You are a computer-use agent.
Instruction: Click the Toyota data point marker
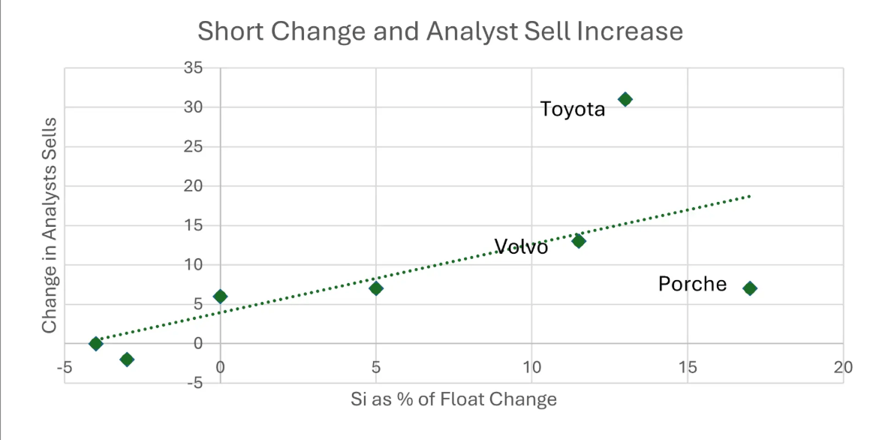(625, 99)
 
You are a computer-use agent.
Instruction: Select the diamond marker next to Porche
(749, 288)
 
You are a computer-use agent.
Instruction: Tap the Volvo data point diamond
(578, 241)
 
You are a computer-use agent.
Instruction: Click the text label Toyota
(573, 110)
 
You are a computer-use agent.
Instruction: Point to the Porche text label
(692, 284)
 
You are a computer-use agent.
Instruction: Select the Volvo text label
(521, 247)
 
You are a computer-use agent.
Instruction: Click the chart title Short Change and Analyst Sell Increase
(440, 31)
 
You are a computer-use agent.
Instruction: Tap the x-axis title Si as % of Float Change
(453, 399)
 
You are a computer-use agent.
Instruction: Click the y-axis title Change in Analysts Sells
(50, 225)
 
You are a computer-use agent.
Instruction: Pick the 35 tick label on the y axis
(193, 68)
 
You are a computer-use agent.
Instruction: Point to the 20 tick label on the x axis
(843, 367)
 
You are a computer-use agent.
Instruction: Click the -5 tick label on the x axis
(63, 367)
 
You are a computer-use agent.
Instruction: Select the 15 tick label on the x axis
(688, 367)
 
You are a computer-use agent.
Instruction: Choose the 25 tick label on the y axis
(193, 146)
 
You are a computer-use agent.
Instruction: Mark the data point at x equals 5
(376, 288)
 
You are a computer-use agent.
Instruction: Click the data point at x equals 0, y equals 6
(220, 297)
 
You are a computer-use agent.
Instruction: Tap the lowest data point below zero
(127, 360)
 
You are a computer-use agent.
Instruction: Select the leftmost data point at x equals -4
(95, 344)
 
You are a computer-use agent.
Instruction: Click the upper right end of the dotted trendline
(748, 196)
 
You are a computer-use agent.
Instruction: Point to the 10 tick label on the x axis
(531, 367)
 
